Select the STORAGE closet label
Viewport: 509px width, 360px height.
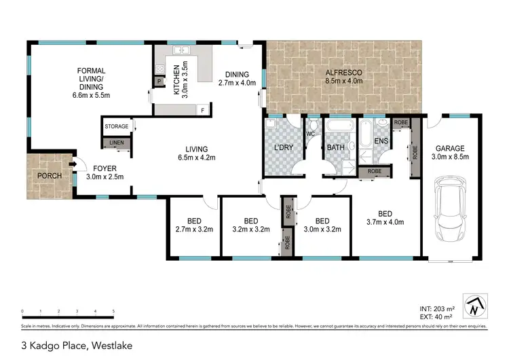(x=117, y=126)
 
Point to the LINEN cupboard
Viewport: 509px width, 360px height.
(x=117, y=142)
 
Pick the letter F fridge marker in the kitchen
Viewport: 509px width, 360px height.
(x=202, y=109)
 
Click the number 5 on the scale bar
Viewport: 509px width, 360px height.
(x=113, y=312)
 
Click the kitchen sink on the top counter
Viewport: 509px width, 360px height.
(x=181, y=51)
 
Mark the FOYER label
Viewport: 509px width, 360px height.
(x=105, y=167)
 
